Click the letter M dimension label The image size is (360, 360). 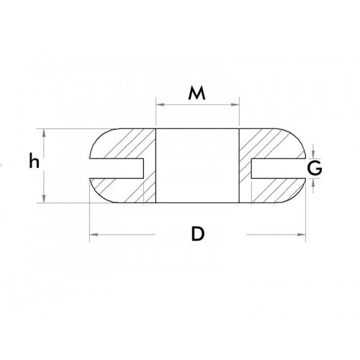[197, 93]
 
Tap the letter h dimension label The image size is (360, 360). [33, 163]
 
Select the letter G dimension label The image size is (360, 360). [313, 168]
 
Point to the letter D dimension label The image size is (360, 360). [197, 234]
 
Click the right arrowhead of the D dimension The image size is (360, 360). [300, 235]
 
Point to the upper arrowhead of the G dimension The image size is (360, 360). [314, 154]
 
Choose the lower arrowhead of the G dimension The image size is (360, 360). [314, 181]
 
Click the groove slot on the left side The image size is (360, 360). [119, 166]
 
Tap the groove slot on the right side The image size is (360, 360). [276, 166]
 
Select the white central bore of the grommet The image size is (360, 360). [197, 166]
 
